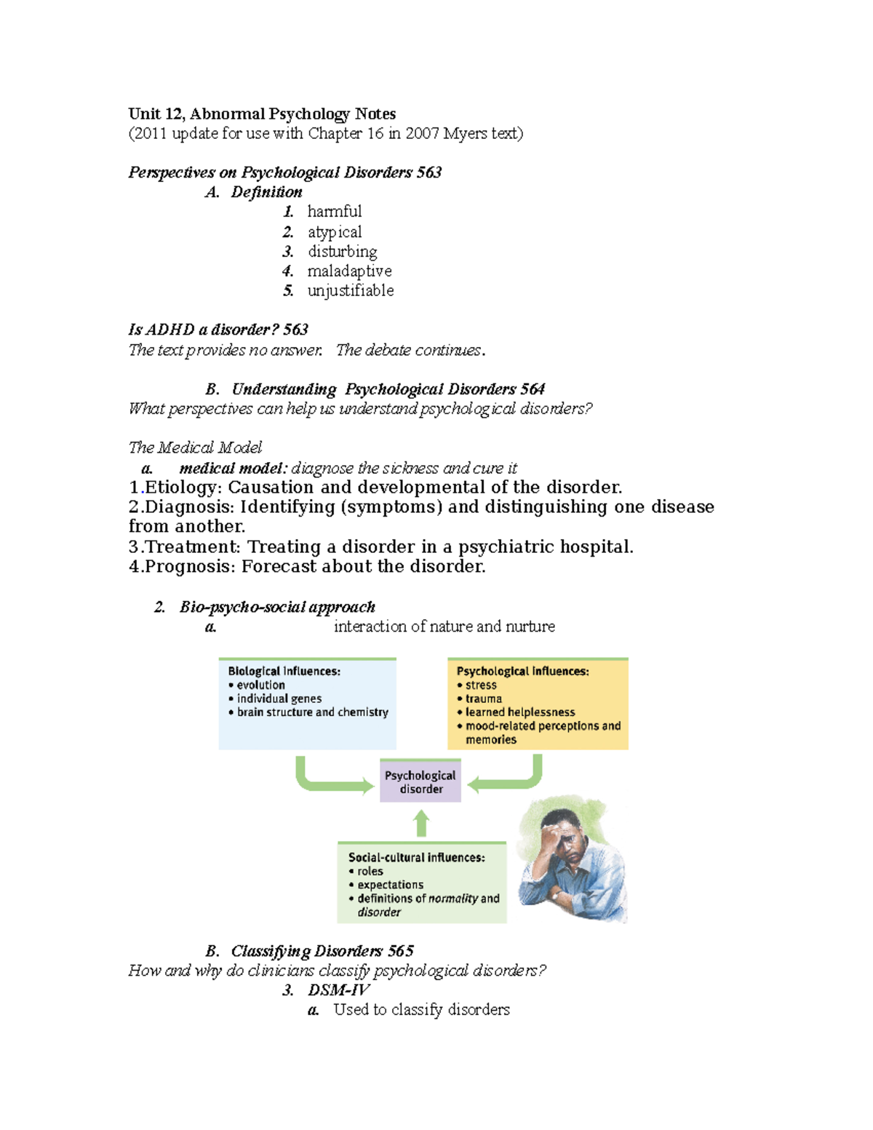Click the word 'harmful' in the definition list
click(x=334, y=212)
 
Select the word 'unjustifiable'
click(x=350, y=290)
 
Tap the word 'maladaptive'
click(x=349, y=271)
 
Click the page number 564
click(x=533, y=389)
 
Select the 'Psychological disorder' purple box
click(x=420, y=781)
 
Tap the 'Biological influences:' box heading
click(x=284, y=671)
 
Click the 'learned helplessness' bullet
click(x=519, y=712)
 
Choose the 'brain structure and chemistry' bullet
click(x=312, y=712)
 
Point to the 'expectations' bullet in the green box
click(x=390, y=885)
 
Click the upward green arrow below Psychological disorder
click(x=421, y=824)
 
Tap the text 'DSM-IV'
click(x=339, y=990)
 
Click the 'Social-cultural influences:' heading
click(x=416, y=857)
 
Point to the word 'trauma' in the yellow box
click(x=483, y=699)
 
